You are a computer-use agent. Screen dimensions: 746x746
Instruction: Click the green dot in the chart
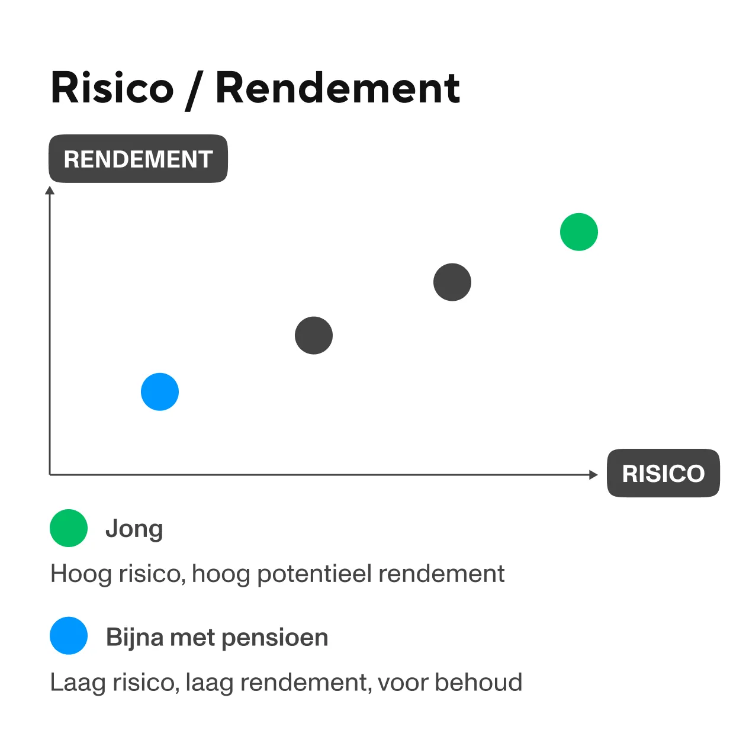579,232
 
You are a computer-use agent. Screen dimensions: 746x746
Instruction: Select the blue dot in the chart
160,392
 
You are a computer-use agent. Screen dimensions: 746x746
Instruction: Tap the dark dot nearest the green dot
452,282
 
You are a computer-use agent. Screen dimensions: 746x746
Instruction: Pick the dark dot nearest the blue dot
314,336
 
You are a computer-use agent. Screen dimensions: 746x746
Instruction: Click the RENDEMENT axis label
138,159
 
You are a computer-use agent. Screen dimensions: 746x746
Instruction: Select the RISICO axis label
663,474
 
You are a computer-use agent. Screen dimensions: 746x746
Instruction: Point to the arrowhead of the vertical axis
50,191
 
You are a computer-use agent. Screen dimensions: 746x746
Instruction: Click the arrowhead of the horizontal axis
593,474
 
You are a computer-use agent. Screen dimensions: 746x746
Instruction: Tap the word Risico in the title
112,88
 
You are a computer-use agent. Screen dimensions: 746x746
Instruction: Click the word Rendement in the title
337,88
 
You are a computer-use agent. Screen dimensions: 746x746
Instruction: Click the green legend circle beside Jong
69,528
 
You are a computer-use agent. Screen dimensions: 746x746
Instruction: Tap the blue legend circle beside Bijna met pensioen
69,636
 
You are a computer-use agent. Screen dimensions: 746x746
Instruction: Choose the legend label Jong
134,529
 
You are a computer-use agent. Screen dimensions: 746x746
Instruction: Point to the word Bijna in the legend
135,638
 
